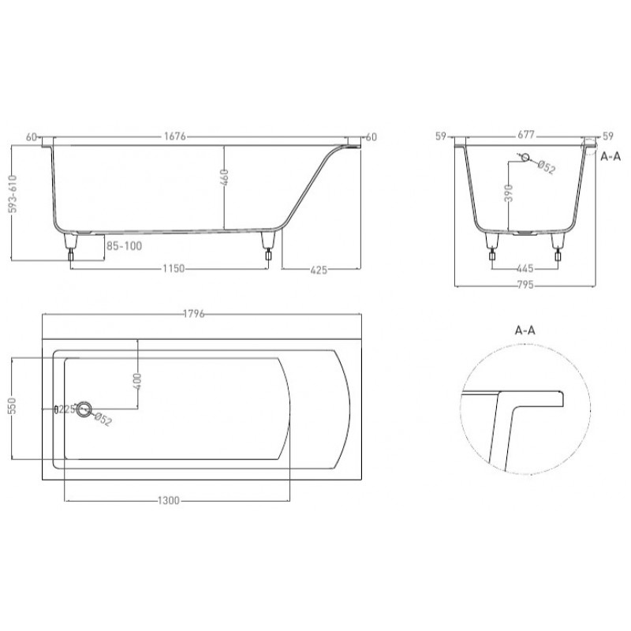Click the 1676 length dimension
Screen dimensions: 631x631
click(x=175, y=136)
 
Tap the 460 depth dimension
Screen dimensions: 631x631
click(x=225, y=177)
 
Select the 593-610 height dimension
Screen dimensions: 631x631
click(x=13, y=193)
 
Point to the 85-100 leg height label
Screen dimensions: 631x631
click(x=125, y=245)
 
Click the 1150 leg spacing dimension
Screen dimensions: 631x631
click(x=174, y=268)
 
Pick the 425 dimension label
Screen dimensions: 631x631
click(x=319, y=270)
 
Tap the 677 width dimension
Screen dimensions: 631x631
click(x=526, y=135)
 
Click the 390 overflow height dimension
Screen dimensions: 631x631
click(x=509, y=193)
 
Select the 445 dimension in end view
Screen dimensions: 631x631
click(x=525, y=268)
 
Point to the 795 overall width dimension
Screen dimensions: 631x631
click(x=525, y=285)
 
